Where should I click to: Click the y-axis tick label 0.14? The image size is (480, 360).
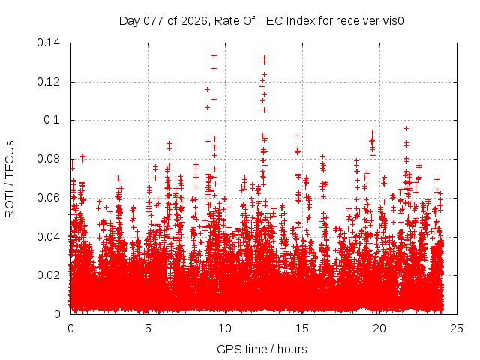click(49, 43)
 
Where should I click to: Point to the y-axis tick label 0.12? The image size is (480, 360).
click(49, 82)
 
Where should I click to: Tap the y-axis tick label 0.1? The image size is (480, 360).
click(52, 120)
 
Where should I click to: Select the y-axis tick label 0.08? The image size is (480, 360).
click(49, 159)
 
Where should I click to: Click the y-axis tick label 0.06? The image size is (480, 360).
click(49, 198)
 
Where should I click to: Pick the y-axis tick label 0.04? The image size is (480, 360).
click(49, 237)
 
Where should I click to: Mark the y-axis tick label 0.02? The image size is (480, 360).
click(49, 275)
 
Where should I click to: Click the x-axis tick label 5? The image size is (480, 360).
click(148, 328)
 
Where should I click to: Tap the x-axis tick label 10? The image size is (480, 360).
click(225, 328)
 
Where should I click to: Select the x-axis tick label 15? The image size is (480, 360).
click(302, 328)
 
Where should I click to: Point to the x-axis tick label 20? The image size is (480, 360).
click(379, 328)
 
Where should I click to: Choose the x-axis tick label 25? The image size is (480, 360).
click(457, 328)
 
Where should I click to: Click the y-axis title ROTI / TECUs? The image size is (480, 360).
click(10, 178)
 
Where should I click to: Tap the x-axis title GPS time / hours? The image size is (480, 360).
click(262, 349)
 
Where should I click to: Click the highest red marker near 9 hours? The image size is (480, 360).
click(214, 55)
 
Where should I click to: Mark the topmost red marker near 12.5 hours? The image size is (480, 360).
click(264, 58)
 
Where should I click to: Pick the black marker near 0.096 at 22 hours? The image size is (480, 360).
click(406, 128)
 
